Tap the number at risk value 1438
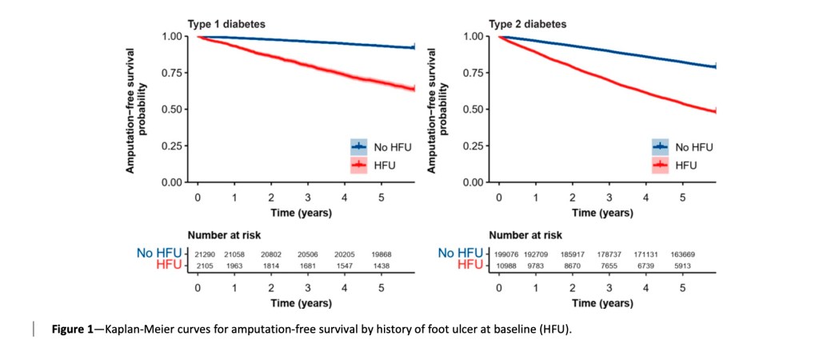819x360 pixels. pyautogui.click(x=382, y=263)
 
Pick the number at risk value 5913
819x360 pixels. pyautogui.click(x=682, y=263)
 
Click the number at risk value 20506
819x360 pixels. pyautogui.click(x=308, y=254)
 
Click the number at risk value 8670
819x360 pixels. pyautogui.click(x=572, y=263)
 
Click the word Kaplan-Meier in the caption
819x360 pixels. pyautogui.click(x=139, y=329)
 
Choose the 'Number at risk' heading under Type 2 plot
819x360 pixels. pyautogui.click(x=525, y=236)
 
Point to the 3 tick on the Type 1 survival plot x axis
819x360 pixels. pyautogui.click(x=308, y=197)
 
